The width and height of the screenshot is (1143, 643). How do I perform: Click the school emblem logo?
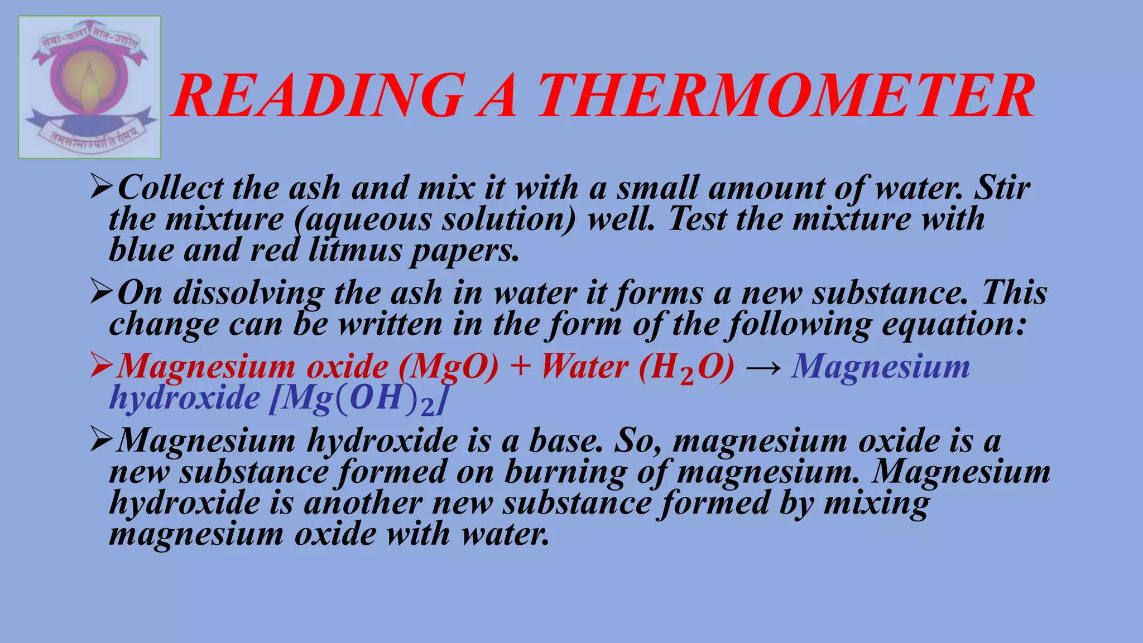point(90,87)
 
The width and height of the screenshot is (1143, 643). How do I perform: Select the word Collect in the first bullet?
point(170,188)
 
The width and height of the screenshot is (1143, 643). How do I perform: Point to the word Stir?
point(1002,188)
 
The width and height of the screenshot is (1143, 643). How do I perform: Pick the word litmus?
point(355,250)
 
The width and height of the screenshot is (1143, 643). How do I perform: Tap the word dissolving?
point(248,293)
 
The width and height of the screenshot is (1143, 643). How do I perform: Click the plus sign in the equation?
point(520,367)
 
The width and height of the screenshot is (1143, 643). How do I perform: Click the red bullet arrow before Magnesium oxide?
point(102,367)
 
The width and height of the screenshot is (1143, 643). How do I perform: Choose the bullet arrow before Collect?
point(102,188)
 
